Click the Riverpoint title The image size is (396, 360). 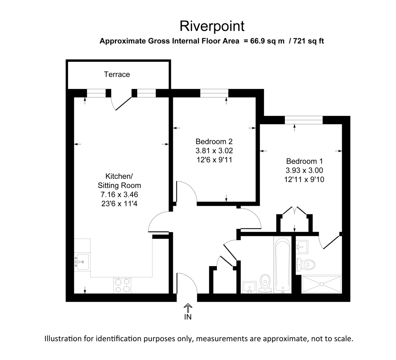(212, 26)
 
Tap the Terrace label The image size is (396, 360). (117, 74)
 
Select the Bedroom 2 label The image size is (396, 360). (214, 142)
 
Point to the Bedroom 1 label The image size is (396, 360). (304, 162)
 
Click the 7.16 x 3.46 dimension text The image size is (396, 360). (119, 195)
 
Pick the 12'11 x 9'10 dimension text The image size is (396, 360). (304, 180)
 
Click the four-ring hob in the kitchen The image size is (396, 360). (123, 285)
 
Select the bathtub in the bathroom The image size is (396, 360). (282, 265)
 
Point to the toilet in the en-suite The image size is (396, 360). (306, 264)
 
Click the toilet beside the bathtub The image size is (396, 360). (265, 283)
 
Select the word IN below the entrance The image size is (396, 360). (188, 317)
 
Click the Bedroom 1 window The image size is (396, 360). (304, 120)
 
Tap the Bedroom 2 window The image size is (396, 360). (214, 93)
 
